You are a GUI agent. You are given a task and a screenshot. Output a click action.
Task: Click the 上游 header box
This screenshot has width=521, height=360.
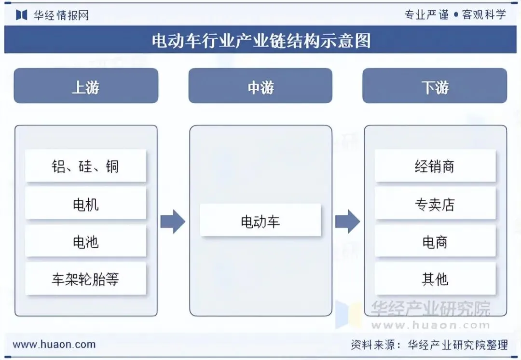pyautogui.click(x=86, y=86)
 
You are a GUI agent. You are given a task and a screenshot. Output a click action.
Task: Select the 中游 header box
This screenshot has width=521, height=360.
pyautogui.click(x=260, y=86)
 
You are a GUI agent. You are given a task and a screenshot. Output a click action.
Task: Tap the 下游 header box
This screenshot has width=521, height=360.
pyautogui.click(x=435, y=86)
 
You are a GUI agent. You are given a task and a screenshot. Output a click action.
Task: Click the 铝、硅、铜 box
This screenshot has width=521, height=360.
pyautogui.click(x=86, y=166)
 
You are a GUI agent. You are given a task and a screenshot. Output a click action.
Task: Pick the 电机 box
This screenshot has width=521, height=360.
pyautogui.click(x=86, y=204)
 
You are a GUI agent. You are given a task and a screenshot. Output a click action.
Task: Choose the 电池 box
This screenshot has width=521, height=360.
pyautogui.click(x=86, y=241)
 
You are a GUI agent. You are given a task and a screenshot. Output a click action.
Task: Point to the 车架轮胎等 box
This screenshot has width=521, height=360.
pyautogui.click(x=86, y=278)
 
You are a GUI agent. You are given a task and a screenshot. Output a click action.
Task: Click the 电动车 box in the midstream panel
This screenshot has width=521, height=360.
pyautogui.click(x=260, y=221)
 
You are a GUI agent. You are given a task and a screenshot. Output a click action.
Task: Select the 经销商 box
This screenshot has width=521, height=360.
pyautogui.click(x=435, y=166)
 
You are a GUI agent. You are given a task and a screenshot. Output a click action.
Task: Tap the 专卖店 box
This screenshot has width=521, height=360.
pyautogui.click(x=435, y=204)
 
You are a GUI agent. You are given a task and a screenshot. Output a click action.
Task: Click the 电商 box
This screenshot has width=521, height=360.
pyautogui.click(x=435, y=241)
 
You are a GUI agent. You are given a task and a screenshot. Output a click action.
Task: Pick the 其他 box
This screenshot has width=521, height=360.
pyautogui.click(x=435, y=278)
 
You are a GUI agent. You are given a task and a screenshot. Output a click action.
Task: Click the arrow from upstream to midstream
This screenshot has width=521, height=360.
pyautogui.click(x=173, y=222)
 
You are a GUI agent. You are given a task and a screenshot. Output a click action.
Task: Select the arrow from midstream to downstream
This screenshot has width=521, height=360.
pyautogui.click(x=347, y=222)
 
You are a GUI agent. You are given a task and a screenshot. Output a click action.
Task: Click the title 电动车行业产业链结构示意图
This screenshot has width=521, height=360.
pyautogui.click(x=261, y=41)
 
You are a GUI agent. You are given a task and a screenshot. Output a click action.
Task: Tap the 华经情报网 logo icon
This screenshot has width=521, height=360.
pyautogui.click(x=22, y=15)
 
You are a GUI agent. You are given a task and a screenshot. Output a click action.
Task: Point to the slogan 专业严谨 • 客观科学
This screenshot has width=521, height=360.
pyautogui.click(x=455, y=14)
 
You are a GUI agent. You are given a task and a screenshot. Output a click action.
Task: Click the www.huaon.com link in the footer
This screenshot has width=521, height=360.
pyautogui.click(x=54, y=345)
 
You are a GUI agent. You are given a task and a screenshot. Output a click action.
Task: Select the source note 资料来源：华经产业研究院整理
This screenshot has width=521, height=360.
pyautogui.click(x=429, y=345)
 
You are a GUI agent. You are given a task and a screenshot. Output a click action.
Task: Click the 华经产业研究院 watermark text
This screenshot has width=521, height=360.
pyautogui.click(x=431, y=309)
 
